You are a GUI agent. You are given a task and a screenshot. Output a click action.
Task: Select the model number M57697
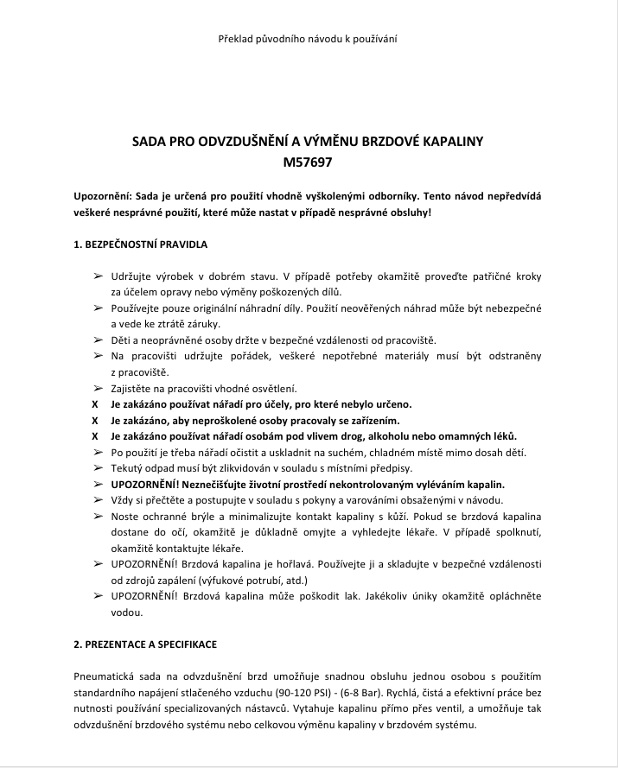point(308,161)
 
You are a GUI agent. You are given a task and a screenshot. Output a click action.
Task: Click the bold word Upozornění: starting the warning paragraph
point(103,198)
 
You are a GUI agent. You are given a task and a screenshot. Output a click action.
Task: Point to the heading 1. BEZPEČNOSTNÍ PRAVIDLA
point(140,244)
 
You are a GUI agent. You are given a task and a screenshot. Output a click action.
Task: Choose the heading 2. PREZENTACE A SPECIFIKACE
point(144,644)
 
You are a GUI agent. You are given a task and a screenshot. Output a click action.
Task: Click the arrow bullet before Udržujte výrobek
point(96,276)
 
